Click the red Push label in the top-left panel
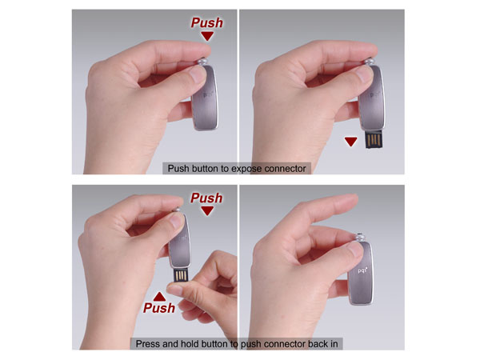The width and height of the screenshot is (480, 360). click(x=207, y=22)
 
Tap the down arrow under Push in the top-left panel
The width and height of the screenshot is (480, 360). click(x=207, y=37)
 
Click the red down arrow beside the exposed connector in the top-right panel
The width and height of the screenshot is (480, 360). click(x=351, y=142)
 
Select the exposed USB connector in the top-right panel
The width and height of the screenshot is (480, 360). click(x=374, y=139)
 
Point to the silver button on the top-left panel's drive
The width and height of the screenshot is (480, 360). click(x=202, y=62)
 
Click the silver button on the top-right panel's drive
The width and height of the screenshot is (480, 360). click(x=370, y=62)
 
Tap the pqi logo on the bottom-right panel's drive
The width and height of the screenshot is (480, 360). click(x=362, y=270)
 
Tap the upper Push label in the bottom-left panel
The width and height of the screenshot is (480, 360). click(x=206, y=198)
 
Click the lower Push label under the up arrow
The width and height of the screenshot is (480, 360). click(x=159, y=308)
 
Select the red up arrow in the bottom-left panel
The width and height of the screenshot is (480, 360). click(x=159, y=296)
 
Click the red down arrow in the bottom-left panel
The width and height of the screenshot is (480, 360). click(x=207, y=211)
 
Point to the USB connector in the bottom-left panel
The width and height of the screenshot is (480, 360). click(x=181, y=275)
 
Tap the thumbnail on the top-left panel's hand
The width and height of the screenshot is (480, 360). click(x=197, y=74)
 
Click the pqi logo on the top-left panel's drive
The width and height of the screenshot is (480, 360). click(x=208, y=94)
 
